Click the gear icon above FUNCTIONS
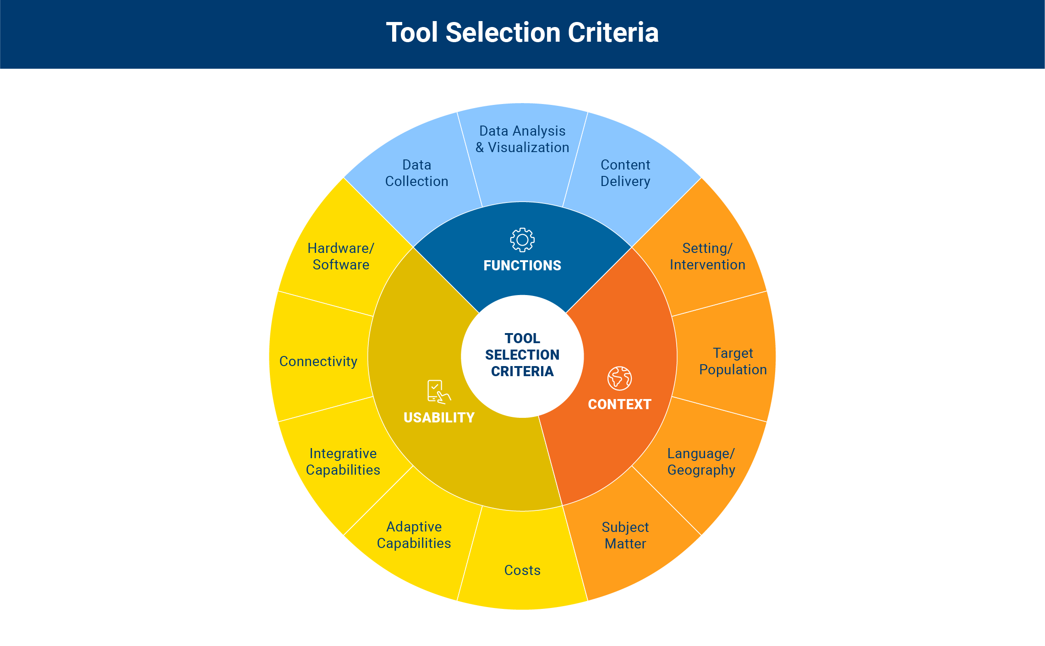pos(522,240)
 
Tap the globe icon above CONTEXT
pos(619,378)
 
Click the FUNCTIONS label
pos(522,266)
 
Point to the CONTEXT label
pos(619,405)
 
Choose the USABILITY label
pos(439,418)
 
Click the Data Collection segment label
pos(416,173)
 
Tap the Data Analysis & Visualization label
pos(522,139)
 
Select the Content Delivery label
pos(625,173)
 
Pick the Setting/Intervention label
pos(707,257)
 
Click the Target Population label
pos(733,361)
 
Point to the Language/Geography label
pos(701,462)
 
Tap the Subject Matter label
pos(625,536)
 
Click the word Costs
pos(522,570)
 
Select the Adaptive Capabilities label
pos(414,535)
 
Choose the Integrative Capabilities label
pos(343,462)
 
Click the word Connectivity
pos(318,361)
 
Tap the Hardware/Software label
pos(341,257)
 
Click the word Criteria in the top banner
pos(613,33)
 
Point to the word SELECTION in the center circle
pos(522,355)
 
